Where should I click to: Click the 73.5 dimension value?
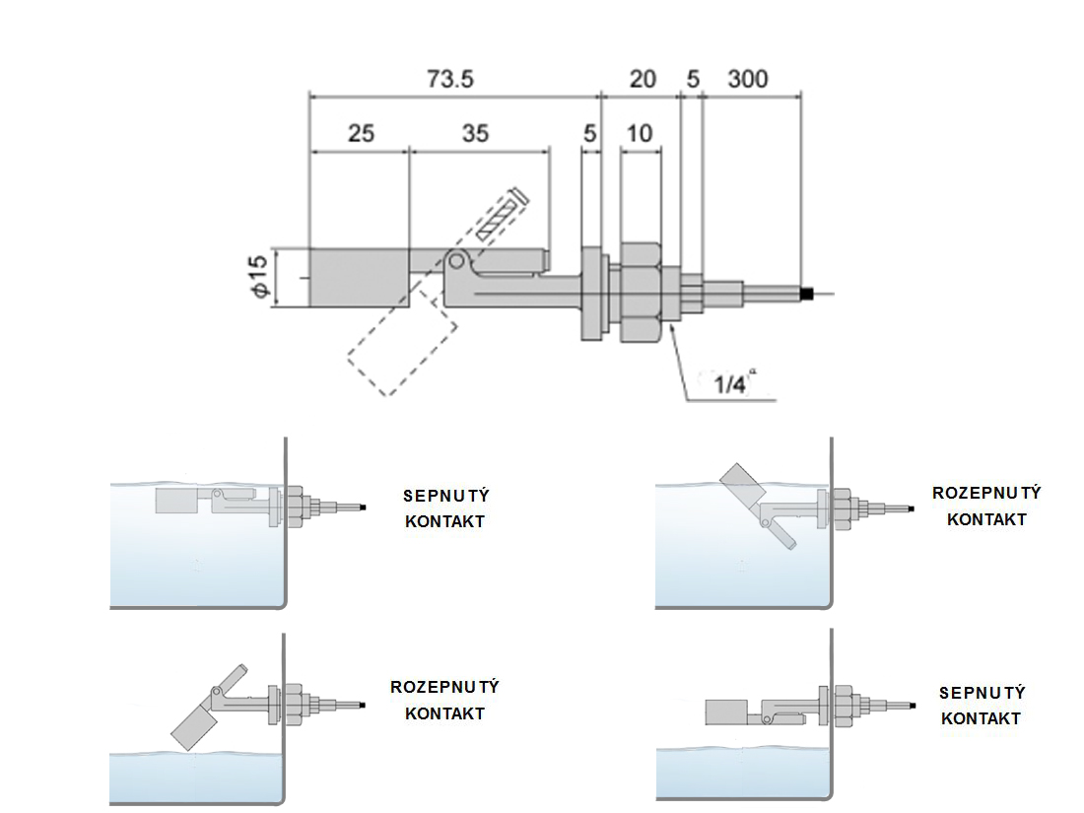click(451, 79)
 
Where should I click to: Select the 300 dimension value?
click(747, 79)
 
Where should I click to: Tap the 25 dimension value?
click(361, 133)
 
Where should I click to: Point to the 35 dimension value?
click(475, 133)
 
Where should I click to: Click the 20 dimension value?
click(642, 79)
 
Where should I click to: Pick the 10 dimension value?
click(640, 133)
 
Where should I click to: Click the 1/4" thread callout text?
click(731, 383)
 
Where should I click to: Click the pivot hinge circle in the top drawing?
click(455, 262)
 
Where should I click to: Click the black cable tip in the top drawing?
click(805, 294)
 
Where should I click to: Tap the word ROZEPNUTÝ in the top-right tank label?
click(986, 493)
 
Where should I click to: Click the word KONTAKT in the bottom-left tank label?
click(444, 712)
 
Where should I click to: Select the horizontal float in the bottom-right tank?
click(732, 710)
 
